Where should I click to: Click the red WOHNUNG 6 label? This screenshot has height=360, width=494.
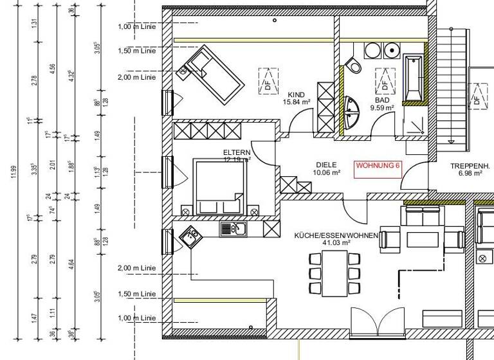point(378,165)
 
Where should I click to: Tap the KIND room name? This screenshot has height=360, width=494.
point(297,94)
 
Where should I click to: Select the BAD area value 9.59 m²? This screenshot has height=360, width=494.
point(381,108)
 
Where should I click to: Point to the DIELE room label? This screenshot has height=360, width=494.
point(326,165)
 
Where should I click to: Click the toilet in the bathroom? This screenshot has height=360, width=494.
point(354,64)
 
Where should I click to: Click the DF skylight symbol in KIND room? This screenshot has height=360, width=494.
point(267,81)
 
